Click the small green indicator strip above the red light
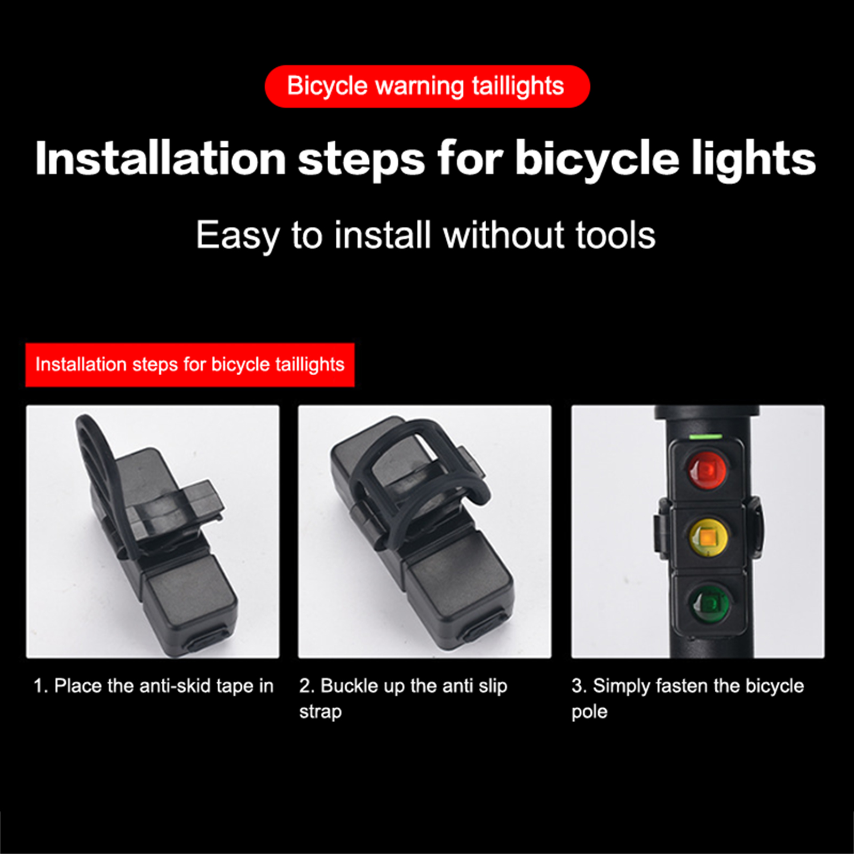click(706, 436)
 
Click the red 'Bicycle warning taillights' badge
click(427, 86)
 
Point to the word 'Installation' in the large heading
click(161, 159)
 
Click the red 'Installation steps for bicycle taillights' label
click(190, 365)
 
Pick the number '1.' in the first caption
click(41, 686)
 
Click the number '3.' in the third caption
click(579, 686)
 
